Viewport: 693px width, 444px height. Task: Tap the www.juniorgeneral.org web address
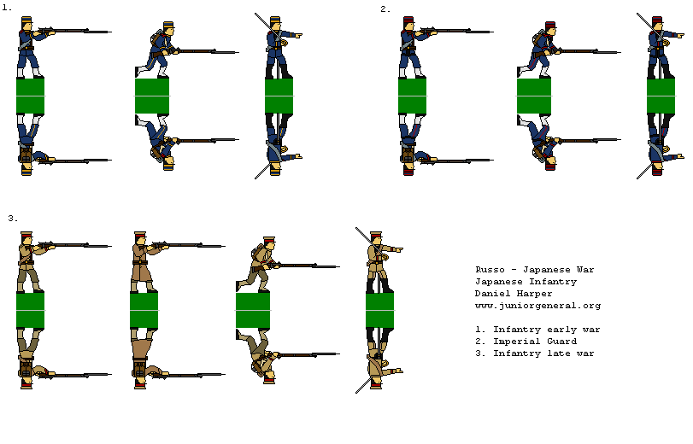[537, 306]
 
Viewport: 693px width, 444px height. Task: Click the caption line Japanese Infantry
[526, 282]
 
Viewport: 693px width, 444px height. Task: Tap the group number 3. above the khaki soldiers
[13, 219]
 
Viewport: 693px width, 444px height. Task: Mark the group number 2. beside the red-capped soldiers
[385, 9]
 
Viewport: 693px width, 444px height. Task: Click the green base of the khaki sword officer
[379, 310]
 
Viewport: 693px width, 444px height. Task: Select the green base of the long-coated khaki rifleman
[144, 310]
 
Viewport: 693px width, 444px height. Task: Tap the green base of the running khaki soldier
[253, 310]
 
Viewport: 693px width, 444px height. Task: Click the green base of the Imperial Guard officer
[661, 96]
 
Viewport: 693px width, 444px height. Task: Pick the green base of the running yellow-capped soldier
[152, 96]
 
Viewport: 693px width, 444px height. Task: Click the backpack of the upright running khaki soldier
[255, 253]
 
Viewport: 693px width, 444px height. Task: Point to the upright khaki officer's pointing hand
[396, 249]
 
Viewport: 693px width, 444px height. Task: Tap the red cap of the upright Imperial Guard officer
[657, 20]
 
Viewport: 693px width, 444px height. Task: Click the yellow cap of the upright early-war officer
[275, 20]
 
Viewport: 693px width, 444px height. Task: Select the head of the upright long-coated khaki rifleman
[142, 242]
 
